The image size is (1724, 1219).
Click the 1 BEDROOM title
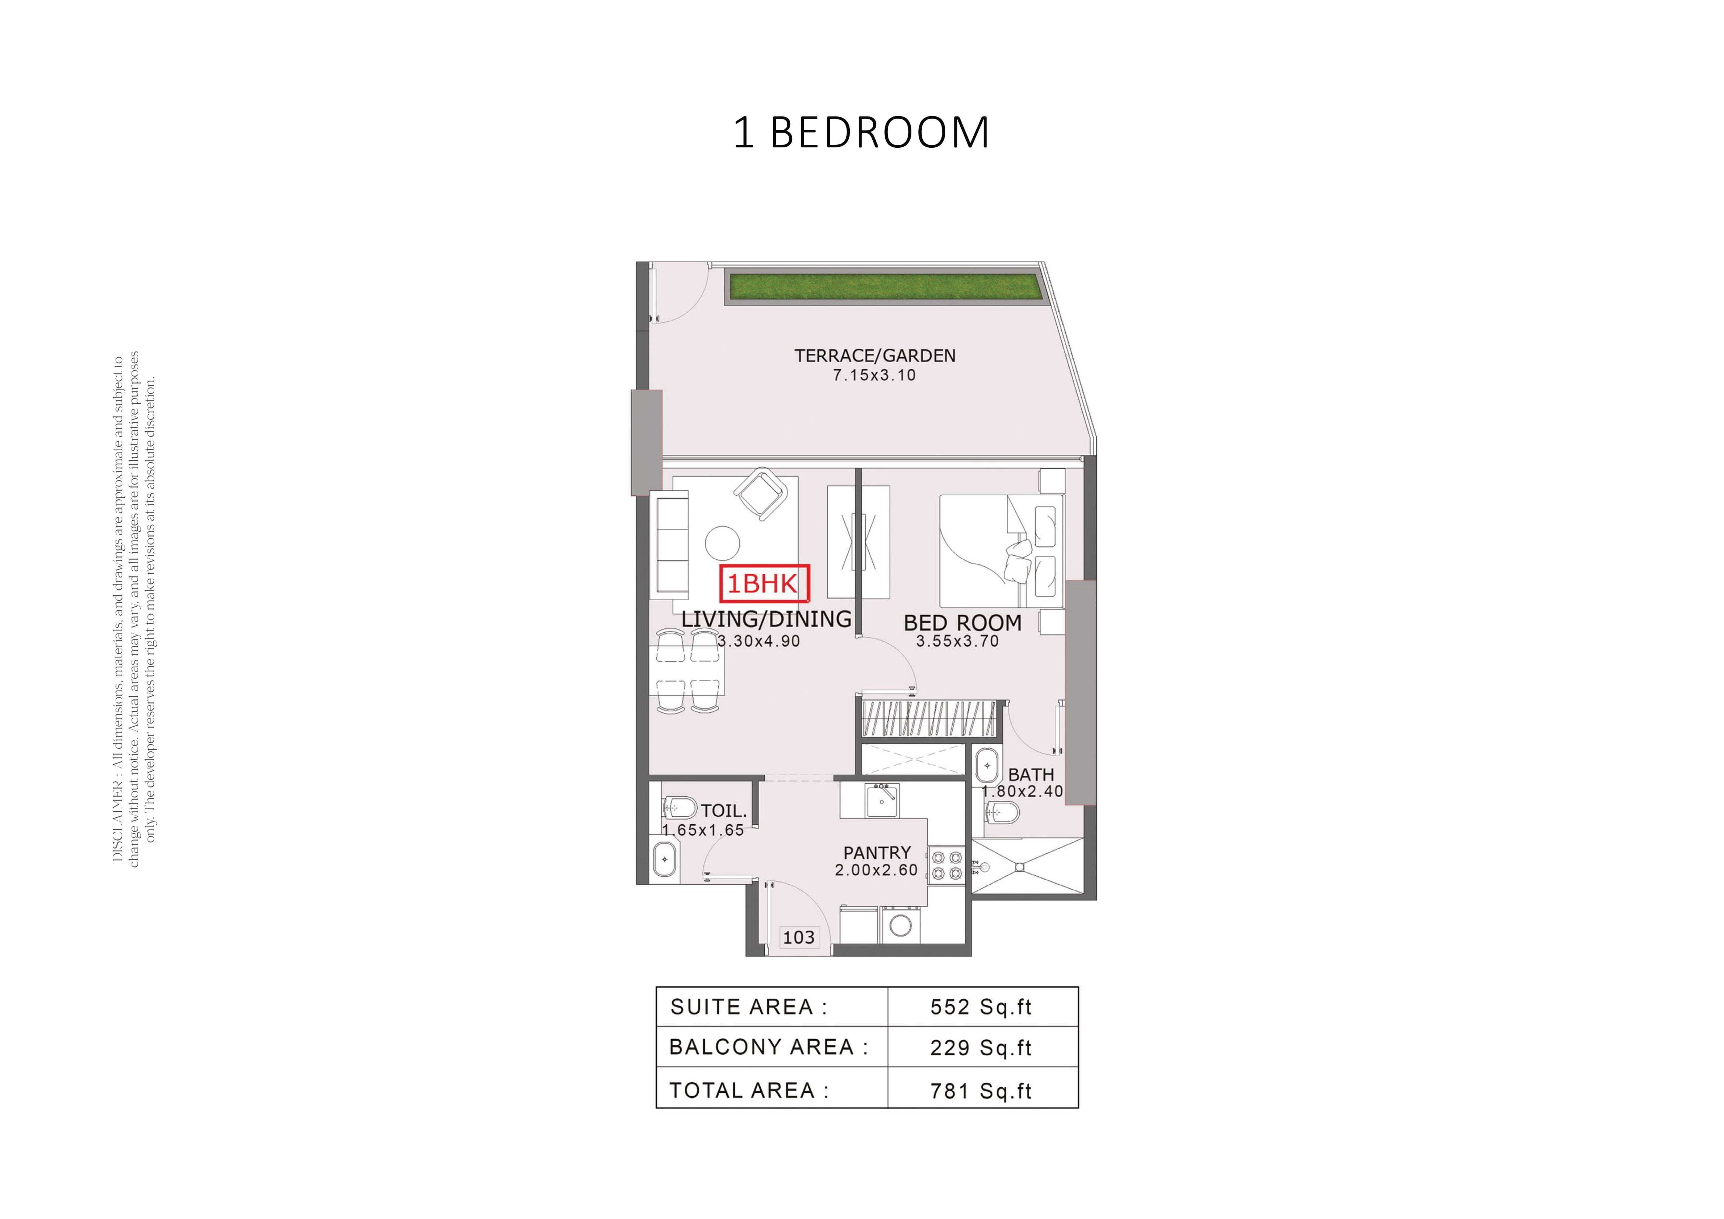tap(861, 133)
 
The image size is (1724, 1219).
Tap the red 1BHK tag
tap(764, 583)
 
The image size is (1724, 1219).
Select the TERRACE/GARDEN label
tap(875, 356)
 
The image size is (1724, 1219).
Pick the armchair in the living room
tap(761, 494)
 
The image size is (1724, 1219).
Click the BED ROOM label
tap(963, 623)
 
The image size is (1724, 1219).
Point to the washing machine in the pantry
tap(900, 925)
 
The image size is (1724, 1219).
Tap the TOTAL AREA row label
tap(748, 1091)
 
